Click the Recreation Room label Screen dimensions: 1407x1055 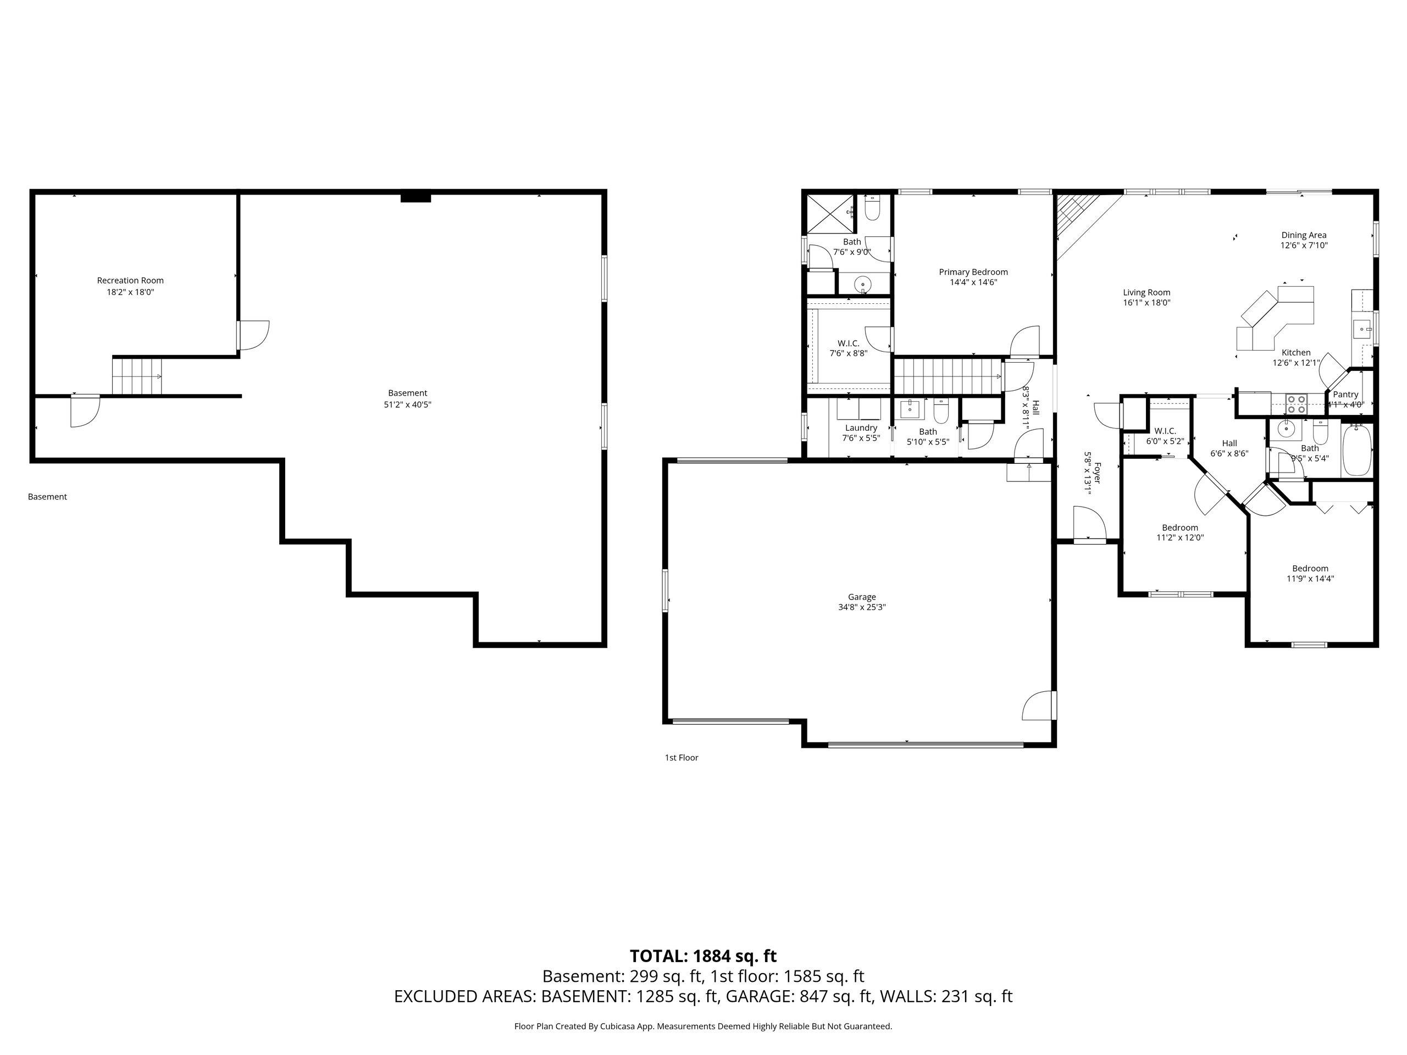coord(130,280)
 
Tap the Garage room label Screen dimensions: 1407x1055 coord(862,597)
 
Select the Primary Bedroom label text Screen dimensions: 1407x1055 coord(973,272)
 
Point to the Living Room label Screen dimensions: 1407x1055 coord(1146,292)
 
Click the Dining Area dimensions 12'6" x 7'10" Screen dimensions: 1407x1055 coord(1304,246)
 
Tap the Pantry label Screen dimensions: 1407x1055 coord(1345,395)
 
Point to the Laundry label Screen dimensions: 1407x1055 coord(861,428)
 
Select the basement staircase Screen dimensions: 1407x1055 coord(137,376)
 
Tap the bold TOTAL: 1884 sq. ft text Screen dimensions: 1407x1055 coord(703,957)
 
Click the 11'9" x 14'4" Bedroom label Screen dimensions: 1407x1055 coord(1310,569)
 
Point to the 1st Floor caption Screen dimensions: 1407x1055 coord(681,757)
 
